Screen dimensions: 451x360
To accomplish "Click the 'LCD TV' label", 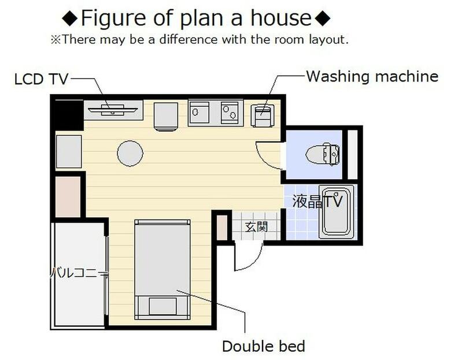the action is click(41, 79).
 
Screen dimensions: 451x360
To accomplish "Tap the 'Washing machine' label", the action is click(372, 76).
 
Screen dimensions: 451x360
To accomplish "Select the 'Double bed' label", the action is click(264, 346).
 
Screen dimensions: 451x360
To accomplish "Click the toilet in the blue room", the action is click(323, 154).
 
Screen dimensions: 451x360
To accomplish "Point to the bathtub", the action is click(337, 211).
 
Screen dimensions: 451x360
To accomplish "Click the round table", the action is click(130, 154).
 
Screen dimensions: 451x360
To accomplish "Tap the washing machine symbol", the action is click(263, 116).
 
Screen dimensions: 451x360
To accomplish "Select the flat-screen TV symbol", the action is click(113, 110).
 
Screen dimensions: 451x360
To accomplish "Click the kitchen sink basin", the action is click(199, 112).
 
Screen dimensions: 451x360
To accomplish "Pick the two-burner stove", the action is click(230, 113).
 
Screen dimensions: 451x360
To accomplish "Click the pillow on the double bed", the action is click(163, 306).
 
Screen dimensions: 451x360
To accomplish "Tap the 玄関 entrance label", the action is click(256, 227).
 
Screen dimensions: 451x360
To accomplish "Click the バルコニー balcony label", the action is click(78, 272).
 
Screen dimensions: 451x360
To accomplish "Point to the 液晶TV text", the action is click(317, 201).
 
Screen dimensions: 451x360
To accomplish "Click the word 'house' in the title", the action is click(282, 18).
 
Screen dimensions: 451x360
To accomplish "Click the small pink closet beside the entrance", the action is click(222, 228).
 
